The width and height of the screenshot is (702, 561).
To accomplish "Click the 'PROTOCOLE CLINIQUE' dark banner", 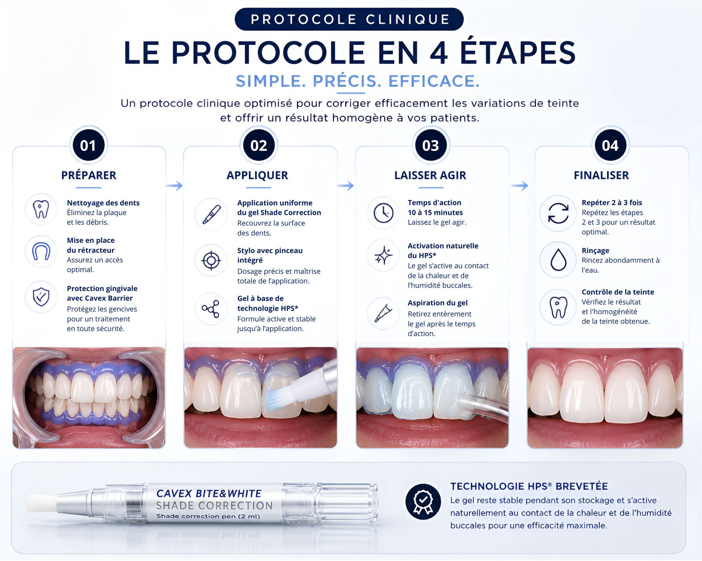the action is coord(349,19).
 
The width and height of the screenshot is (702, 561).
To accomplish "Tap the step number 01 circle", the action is coord(88,145).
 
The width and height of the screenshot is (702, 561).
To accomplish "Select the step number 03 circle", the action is coord(430,145).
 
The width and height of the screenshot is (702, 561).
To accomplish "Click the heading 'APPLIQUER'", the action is coord(258,175).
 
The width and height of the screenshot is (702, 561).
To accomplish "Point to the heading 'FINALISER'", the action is coord(601,175).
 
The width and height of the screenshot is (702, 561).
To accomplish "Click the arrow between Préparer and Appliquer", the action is coord(175,186).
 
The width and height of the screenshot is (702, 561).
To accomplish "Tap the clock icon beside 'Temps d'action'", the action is coord(383,213).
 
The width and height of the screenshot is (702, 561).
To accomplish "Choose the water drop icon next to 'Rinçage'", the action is coord(559,260).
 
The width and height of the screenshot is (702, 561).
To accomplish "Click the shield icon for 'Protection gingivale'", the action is coord(41,297).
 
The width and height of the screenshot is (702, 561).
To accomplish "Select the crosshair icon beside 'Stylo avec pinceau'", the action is coord(211,260).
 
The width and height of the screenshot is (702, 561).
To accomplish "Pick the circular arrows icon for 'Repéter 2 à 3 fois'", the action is coord(559,213).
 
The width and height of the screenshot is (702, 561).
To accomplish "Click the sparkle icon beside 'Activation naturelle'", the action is coord(383,255).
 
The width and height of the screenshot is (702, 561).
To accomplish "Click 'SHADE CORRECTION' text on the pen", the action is coord(214,506).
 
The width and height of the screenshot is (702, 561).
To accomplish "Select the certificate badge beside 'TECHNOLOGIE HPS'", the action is coord(423,502).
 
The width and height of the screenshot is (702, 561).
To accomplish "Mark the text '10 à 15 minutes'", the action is coord(435,213).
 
